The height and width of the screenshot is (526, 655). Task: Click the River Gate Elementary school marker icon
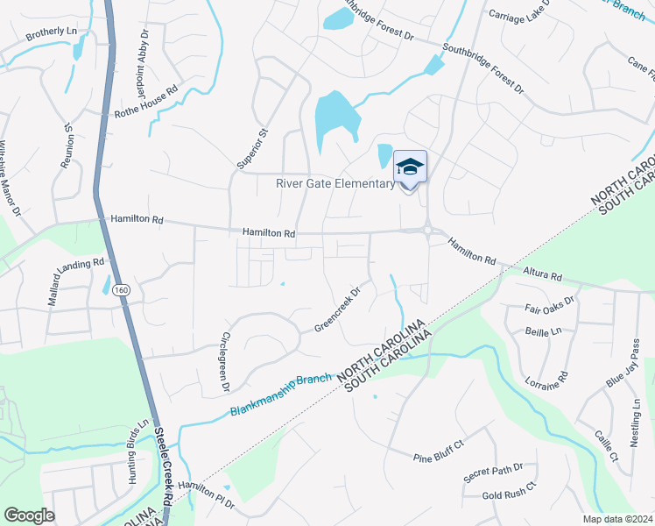point(410,167)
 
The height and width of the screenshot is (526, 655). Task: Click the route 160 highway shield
point(121,290)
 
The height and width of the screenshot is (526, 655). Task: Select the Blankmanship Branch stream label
point(282,394)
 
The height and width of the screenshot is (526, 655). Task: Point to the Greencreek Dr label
point(338,310)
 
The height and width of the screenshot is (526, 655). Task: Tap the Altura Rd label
point(543,274)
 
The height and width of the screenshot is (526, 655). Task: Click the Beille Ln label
point(543,332)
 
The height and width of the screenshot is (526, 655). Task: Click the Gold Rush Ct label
point(509,496)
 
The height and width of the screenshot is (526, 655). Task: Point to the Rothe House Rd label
point(146,102)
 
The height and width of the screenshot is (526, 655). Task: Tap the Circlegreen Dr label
point(225,361)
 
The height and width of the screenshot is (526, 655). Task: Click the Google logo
point(29,515)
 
